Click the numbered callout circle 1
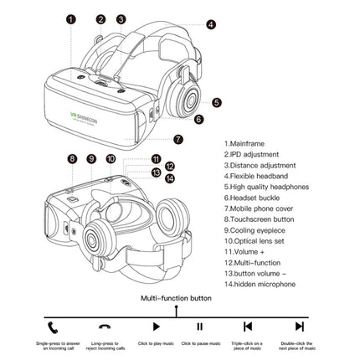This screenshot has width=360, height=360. click(x=71, y=18)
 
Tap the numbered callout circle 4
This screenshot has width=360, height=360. click(x=210, y=25)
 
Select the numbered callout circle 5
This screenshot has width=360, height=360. click(x=216, y=102)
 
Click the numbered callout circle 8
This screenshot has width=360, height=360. click(x=72, y=158)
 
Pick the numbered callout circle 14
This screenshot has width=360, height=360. click(x=168, y=177)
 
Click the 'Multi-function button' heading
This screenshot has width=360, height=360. click(x=177, y=297)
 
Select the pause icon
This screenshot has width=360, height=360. click(x=198, y=327)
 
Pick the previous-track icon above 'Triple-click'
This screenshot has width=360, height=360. click(x=247, y=327)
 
